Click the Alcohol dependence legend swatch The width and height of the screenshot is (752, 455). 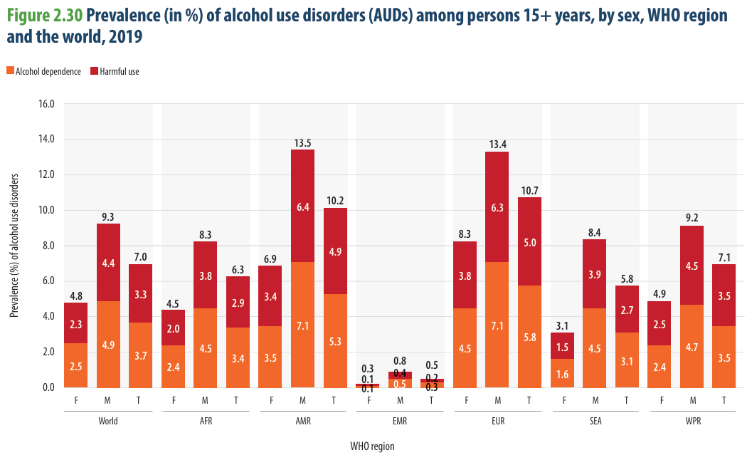[11, 71]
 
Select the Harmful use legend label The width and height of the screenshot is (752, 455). [120, 71]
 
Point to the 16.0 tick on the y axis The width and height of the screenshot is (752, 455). [46, 104]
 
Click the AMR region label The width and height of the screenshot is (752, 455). [303, 421]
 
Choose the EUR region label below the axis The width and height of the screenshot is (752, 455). [498, 421]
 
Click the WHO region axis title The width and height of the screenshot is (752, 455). [372, 446]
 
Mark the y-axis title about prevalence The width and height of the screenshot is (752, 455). [14, 245]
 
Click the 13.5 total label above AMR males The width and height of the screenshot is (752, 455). [302, 143]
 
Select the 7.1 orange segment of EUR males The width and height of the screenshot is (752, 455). [497, 325]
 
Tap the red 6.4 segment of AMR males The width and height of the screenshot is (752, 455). [302, 206]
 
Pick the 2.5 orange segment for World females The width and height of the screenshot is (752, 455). [76, 365]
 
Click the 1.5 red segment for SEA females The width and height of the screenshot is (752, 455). [562, 345]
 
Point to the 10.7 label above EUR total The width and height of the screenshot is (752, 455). [529, 191]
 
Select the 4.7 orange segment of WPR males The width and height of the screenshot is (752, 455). [692, 346]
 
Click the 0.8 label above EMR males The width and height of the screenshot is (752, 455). [400, 361]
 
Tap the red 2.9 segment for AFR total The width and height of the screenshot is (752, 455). [238, 302]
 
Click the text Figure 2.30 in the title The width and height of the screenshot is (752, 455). [44, 16]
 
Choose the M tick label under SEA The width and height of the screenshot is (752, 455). [595, 400]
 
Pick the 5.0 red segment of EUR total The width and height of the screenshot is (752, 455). [529, 241]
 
